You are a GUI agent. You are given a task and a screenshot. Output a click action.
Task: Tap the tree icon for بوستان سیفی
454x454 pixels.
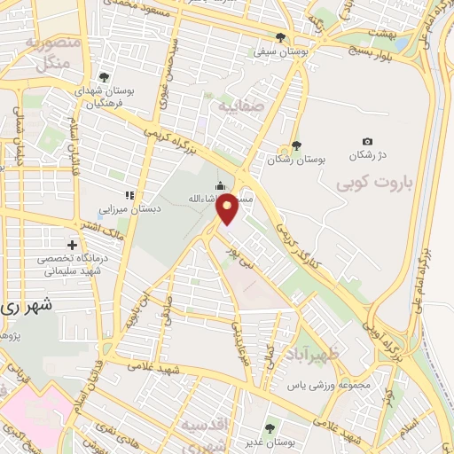(281, 37)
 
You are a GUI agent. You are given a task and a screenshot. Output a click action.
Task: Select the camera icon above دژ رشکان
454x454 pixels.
(368, 141)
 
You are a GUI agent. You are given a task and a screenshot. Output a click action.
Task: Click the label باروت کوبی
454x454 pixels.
(370, 182)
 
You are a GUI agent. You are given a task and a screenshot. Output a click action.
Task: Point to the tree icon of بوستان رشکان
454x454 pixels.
(296, 145)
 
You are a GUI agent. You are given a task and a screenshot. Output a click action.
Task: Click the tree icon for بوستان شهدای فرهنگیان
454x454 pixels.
(106, 77)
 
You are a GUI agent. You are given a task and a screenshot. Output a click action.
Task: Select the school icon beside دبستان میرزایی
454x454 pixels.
(129, 194)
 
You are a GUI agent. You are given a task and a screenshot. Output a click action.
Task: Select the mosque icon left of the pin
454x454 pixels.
(219, 185)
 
